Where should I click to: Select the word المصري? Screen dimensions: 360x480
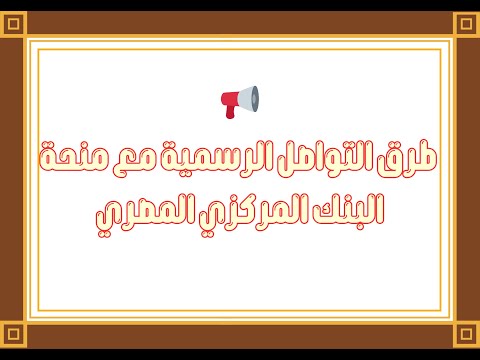[137, 210]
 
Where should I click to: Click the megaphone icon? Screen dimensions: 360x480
[240, 100]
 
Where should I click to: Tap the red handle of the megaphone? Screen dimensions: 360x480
[231, 112]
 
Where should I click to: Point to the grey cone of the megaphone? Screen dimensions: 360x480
[244, 98]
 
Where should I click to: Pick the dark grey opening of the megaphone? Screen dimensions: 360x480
[254, 97]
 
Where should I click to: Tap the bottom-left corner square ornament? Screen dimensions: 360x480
[13, 334]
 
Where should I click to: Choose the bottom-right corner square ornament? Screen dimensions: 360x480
[466, 334]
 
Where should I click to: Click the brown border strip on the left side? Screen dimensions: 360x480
[12, 180]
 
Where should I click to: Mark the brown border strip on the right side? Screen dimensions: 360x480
[467, 180]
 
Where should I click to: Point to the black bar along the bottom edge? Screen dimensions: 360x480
[240, 354]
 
